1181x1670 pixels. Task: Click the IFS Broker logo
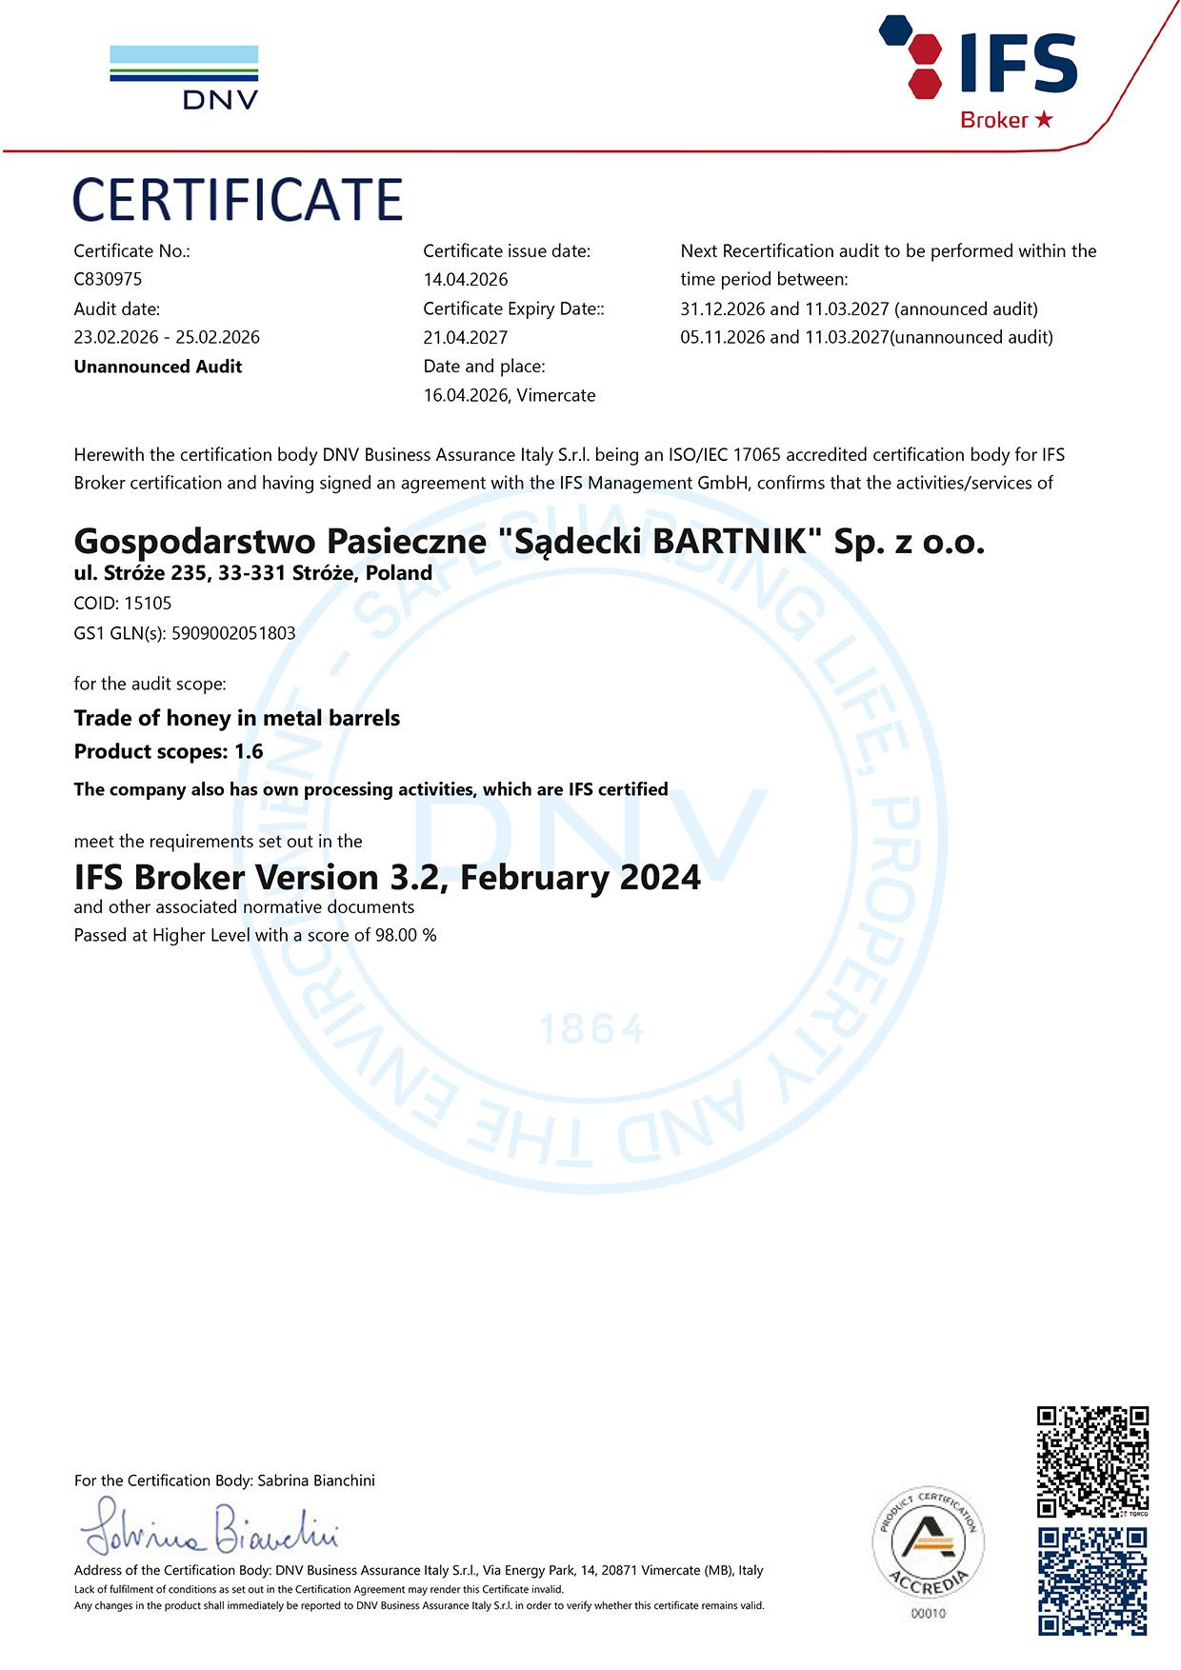[981, 72]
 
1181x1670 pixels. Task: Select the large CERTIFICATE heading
[237, 200]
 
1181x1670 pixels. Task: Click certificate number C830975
[108, 279]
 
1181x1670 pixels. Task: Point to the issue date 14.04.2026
[466, 279]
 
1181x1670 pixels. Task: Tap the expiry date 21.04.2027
[466, 337]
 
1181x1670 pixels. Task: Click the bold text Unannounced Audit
[158, 367]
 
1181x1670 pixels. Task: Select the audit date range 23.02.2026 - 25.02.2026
[167, 337]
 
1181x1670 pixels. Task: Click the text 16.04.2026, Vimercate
[510, 395]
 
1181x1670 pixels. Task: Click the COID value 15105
[148, 603]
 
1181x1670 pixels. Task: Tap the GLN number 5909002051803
[233, 633]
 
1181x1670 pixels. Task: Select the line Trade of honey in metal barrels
[237, 718]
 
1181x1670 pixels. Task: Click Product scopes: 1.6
[169, 751]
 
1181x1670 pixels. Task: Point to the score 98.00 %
[406, 935]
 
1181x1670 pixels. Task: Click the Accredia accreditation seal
[928, 1543]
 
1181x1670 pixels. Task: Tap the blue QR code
[1092, 1581]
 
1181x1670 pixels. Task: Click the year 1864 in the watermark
[591, 1029]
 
